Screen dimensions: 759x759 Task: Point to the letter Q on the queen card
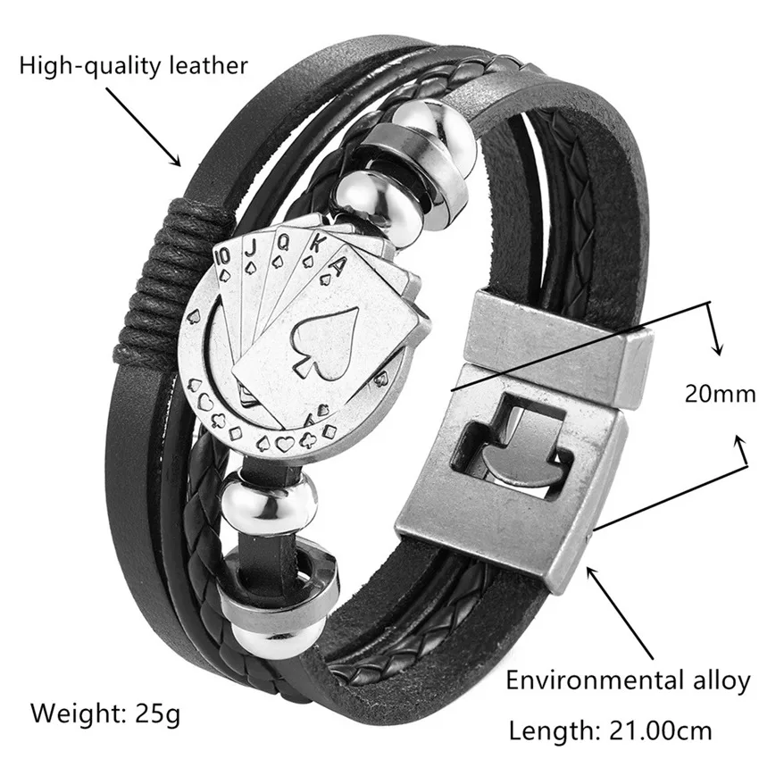tap(286, 239)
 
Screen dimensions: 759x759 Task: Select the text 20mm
tap(721, 393)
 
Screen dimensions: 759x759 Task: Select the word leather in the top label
tap(203, 64)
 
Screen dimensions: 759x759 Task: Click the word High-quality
tap(86, 64)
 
